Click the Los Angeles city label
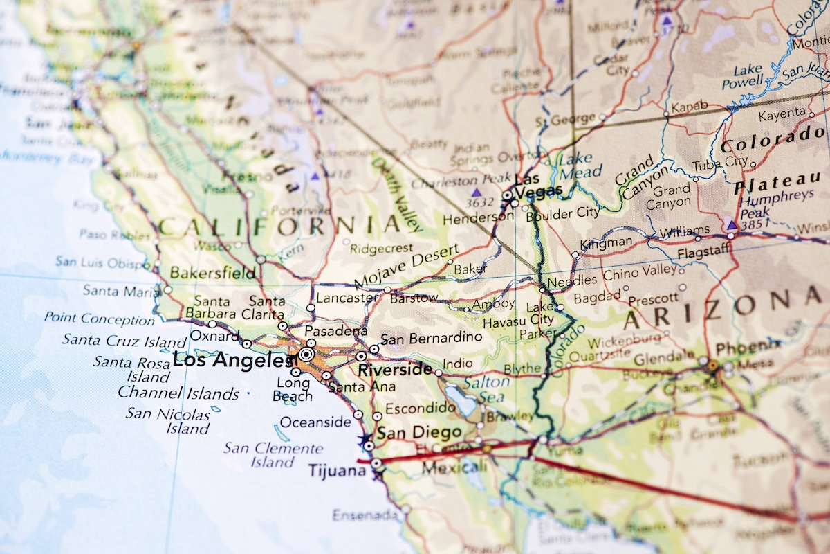[232, 360]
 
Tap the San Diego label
[419, 433]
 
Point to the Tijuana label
[338, 471]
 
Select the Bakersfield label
[212, 273]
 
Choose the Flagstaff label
[703, 253]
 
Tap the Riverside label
[395, 369]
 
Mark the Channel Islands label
[178, 393]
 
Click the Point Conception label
[100, 319]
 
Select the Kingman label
[606, 242]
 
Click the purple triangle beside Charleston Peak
[476, 191]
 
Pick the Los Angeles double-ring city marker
[306, 355]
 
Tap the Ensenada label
[365, 515]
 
